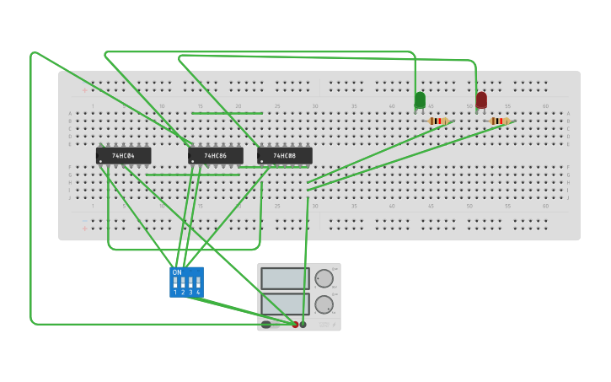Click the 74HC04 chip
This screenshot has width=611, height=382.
(123, 156)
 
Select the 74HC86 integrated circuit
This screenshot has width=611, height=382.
(215, 156)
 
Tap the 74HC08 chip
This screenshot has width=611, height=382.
(284, 156)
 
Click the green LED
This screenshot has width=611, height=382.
(420, 100)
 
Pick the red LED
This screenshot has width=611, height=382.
(481, 100)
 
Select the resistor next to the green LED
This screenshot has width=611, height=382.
(438, 121)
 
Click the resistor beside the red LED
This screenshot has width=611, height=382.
(501, 121)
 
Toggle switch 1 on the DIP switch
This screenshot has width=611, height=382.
(175, 282)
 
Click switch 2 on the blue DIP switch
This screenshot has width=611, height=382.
(183, 282)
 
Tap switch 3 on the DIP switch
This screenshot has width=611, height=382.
(190, 282)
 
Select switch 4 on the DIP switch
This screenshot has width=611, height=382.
(198, 282)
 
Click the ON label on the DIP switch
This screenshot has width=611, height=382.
(177, 272)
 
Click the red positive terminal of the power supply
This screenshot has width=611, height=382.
(295, 325)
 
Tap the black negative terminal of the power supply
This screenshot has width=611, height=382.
(303, 325)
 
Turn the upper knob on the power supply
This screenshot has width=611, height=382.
(324, 278)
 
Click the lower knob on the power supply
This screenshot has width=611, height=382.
(324, 304)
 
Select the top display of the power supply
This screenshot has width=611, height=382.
(285, 278)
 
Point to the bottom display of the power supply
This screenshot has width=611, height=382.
(285, 304)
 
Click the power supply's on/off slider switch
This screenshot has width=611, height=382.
(266, 325)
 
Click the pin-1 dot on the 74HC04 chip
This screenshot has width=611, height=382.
(100, 161)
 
